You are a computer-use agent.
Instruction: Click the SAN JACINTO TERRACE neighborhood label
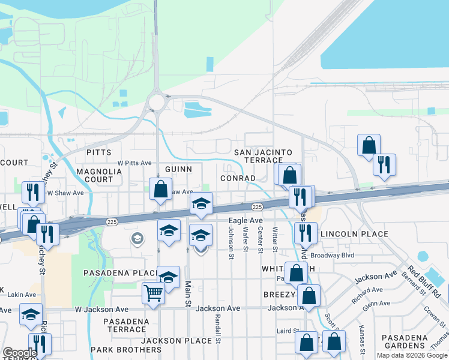click(262, 157)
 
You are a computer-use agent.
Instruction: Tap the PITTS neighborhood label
click(99, 152)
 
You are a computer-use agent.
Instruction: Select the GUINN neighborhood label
click(178, 170)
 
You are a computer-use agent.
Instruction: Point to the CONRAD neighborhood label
click(238, 178)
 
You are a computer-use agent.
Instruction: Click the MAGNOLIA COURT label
click(99, 175)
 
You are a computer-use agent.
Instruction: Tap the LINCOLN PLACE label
click(354, 234)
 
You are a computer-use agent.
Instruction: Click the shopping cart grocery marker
click(153, 293)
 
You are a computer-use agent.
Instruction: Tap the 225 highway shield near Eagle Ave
click(257, 207)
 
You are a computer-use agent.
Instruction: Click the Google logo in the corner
click(20, 353)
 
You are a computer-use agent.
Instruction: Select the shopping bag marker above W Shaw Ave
click(161, 189)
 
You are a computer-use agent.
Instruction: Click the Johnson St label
click(231, 239)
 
